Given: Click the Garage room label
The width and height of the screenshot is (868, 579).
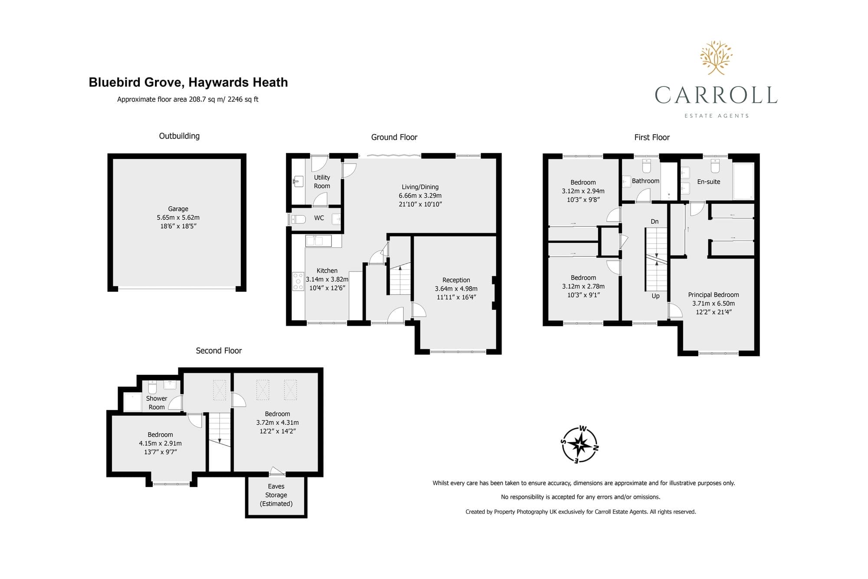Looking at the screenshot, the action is (178, 209).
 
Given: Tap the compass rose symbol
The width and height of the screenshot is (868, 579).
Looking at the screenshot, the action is (580, 444).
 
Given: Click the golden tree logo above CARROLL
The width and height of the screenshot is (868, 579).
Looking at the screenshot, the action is (716, 57).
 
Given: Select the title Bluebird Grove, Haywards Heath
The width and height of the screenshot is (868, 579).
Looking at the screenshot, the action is (188, 83).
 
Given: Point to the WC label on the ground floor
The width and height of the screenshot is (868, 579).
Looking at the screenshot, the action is (319, 218).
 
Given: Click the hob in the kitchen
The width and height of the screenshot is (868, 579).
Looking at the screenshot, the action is (298, 281).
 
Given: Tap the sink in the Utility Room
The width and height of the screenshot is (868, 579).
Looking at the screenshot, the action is (298, 181).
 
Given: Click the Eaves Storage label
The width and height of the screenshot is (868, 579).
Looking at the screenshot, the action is (276, 495).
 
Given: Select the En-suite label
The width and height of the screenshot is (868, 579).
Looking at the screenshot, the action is (709, 182).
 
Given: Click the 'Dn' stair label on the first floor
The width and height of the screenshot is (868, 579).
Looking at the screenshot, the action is (654, 222).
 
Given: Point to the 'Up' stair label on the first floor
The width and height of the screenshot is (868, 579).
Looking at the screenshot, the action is (655, 296).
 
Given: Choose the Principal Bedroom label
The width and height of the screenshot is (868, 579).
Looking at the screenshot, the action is (713, 295).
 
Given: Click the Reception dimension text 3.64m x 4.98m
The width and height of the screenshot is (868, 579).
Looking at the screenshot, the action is (456, 289).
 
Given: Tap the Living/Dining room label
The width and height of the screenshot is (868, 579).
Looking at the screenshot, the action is (420, 187).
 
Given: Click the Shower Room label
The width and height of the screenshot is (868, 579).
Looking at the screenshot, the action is (157, 403).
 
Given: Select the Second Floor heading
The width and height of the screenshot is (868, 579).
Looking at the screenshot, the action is (219, 351).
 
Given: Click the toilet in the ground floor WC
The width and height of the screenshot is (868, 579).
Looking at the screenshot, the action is (297, 219).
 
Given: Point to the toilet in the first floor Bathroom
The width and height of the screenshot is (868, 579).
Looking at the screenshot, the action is (646, 165).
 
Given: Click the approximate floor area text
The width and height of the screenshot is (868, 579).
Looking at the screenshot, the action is (187, 99).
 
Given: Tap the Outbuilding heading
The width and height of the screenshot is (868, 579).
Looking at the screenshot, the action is (179, 136).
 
